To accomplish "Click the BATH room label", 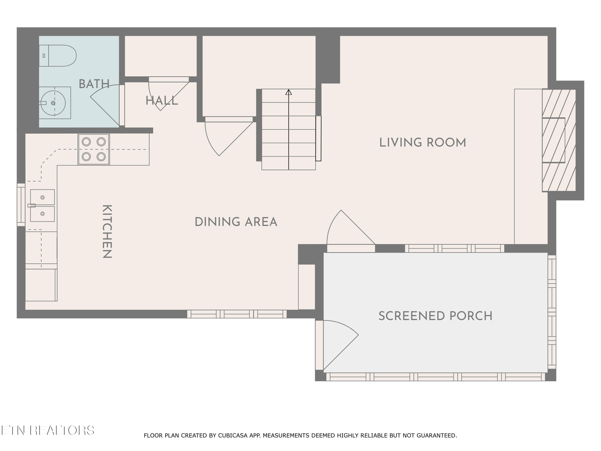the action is pos(94,84).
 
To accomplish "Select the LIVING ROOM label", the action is pos(423,143).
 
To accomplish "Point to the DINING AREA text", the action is pos(236,222).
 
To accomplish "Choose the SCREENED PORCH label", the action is pos(435,316).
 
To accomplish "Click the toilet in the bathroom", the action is pos(58,56).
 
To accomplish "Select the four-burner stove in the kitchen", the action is pos(94,149).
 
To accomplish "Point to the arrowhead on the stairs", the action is pos(288,92).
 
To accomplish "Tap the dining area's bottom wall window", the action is pos(237,314).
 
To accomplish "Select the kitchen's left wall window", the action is pos(21,205).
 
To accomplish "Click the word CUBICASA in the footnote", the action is pos(233,436).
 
